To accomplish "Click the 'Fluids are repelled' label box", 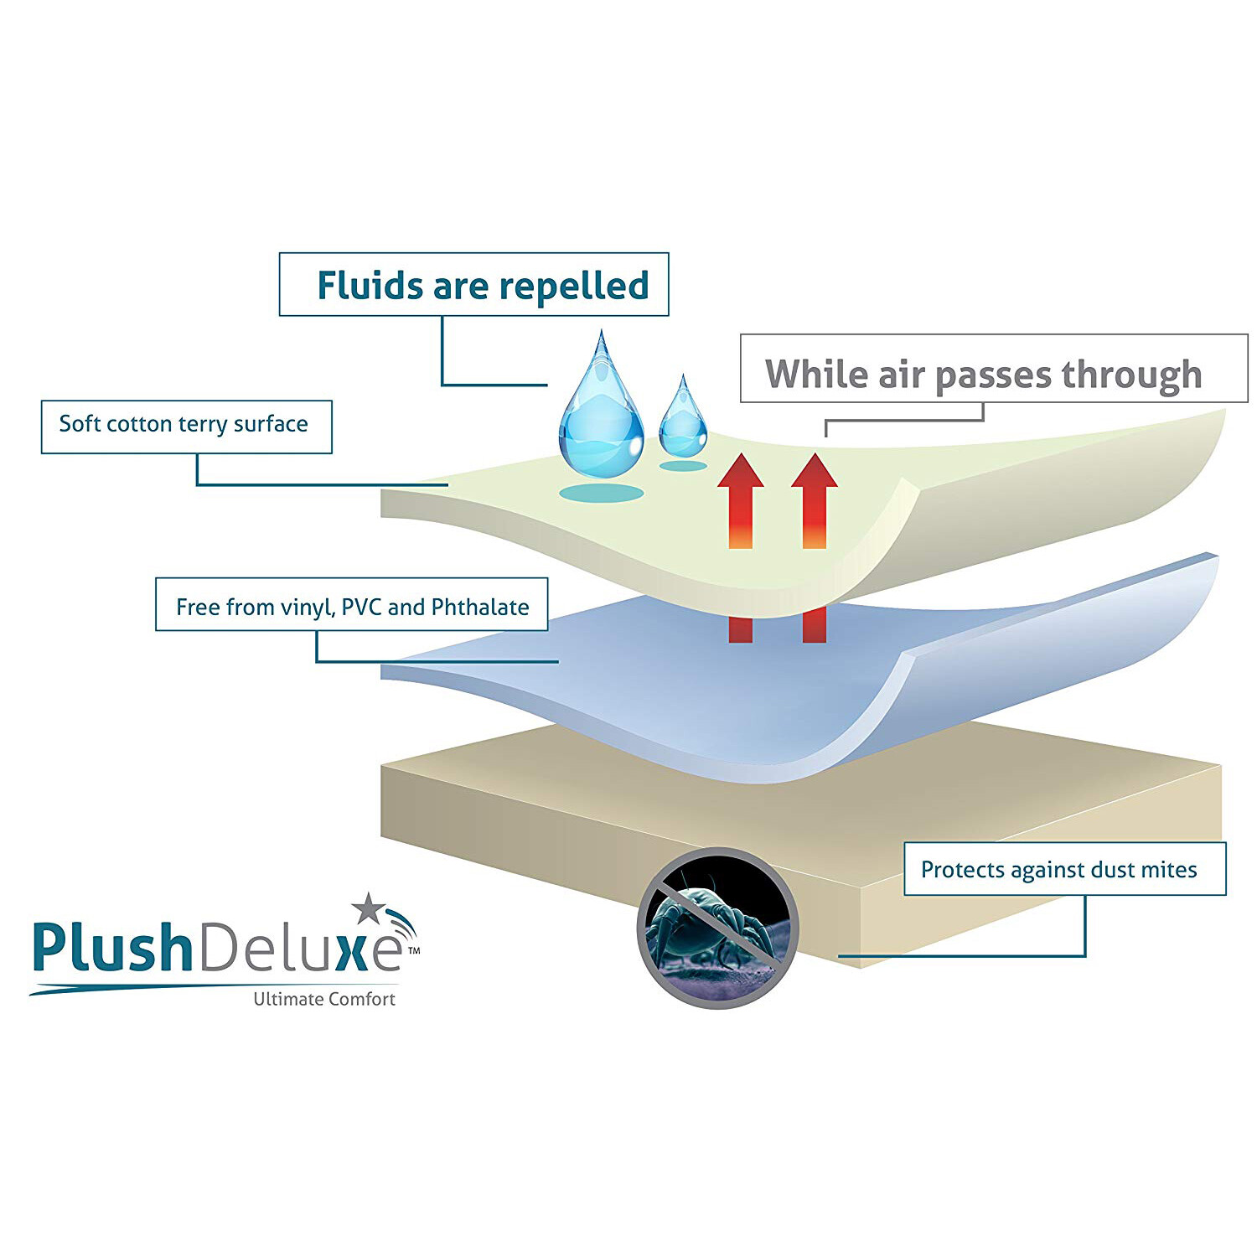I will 473,285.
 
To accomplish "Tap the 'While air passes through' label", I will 993,370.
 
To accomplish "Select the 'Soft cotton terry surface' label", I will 186,426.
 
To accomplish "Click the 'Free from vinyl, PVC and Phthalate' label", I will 352,605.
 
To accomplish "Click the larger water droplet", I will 601,415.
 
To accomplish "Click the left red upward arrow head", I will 741,471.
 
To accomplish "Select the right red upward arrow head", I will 814,471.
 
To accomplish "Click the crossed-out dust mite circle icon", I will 718,928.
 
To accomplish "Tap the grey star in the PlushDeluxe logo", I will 368,908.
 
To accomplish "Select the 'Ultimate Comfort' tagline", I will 324,999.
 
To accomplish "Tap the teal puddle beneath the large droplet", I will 601,493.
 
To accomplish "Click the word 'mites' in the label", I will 1169,869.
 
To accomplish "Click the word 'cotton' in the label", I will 139,424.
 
